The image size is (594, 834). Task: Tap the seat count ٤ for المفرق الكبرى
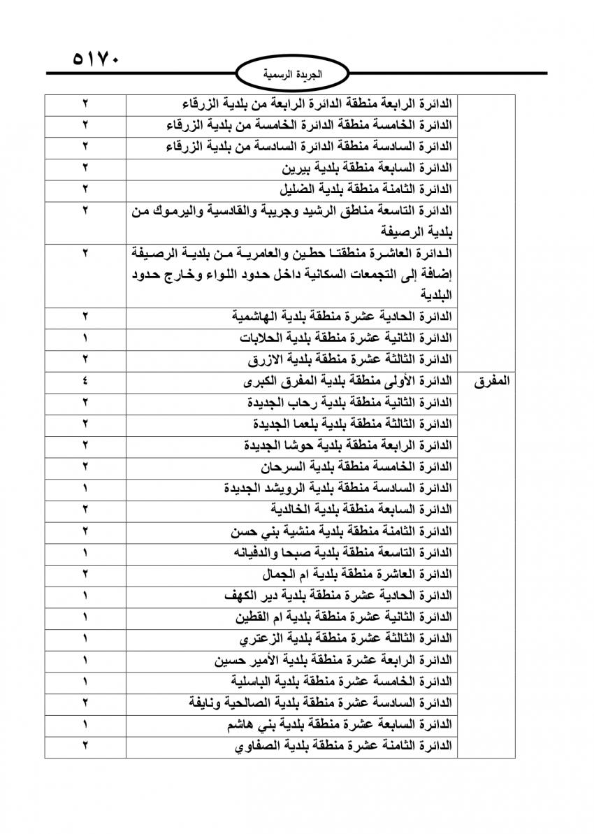pyautogui.click(x=85, y=382)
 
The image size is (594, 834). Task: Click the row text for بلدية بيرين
pyautogui.click(x=367, y=168)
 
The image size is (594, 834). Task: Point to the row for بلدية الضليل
pyautogui.click(x=365, y=189)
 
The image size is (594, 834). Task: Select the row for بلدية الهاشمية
pyautogui.click(x=342, y=317)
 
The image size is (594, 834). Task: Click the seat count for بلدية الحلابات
pyautogui.click(x=85, y=338)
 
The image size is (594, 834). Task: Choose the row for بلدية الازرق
pyautogui.click(x=350, y=360)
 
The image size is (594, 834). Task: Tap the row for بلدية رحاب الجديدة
pyautogui.click(x=349, y=403)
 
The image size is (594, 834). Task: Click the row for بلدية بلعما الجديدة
pyautogui.click(x=353, y=424)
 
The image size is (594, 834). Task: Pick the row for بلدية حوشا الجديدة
pyautogui.click(x=348, y=445)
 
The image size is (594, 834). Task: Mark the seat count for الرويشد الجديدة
pyautogui.click(x=85, y=488)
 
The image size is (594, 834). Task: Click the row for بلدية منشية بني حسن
pyautogui.click(x=342, y=531)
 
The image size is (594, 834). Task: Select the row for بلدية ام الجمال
pyautogui.click(x=356, y=575)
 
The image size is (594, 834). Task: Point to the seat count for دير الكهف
pyautogui.click(x=85, y=596)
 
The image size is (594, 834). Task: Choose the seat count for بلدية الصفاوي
pyautogui.click(x=85, y=746)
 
